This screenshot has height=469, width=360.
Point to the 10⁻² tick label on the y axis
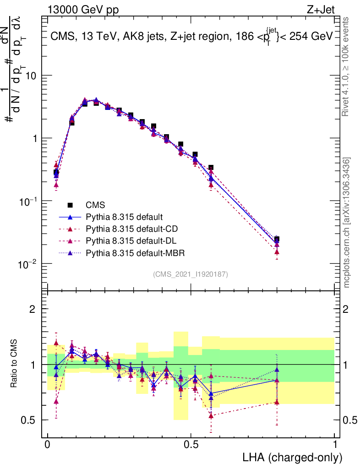(x=28, y=264)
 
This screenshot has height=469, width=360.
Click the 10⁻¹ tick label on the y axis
(x=28, y=202)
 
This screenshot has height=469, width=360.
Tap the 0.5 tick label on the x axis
(x=191, y=445)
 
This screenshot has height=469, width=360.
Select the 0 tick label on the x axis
(x=47, y=445)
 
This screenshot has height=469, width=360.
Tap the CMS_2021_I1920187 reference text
(x=191, y=274)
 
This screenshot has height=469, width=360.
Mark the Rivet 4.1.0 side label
(x=347, y=66)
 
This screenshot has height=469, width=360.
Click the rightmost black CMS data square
(x=277, y=239)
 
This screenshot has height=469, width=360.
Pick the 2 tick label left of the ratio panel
(x=33, y=309)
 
